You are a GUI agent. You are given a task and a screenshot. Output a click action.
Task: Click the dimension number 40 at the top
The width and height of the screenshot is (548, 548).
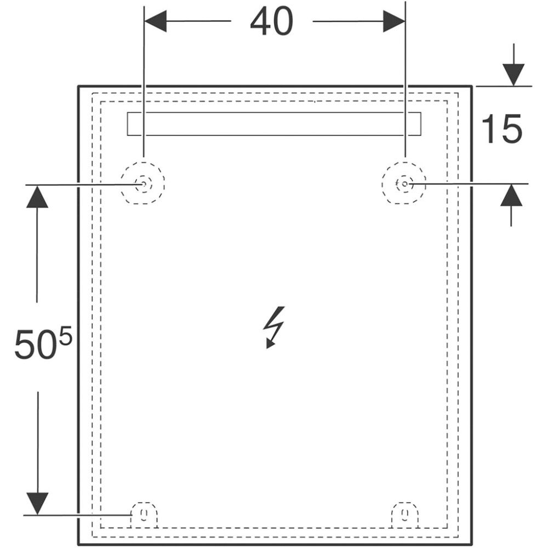pyautogui.click(x=272, y=22)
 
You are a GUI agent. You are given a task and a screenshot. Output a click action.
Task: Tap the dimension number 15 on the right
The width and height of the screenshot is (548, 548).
pyautogui.click(x=501, y=130)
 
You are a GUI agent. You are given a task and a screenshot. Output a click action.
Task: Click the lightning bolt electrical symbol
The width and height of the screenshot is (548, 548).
pyautogui.click(x=273, y=327)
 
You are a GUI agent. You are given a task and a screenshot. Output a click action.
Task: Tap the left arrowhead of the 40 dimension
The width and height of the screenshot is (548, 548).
pyautogui.click(x=155, y=21)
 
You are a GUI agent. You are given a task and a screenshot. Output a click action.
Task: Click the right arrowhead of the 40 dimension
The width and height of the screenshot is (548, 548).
pyautogui.click(x=394, y=21)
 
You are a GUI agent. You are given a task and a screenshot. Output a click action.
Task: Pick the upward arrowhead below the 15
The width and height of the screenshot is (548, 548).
pyautogui.click(x=511, y=196)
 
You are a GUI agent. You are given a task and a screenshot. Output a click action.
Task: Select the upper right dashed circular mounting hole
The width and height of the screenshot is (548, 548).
pyautogui.click(x=404, y=184)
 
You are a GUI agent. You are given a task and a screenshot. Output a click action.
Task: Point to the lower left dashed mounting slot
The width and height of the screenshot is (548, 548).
pyautogui.click(x=144, y=514)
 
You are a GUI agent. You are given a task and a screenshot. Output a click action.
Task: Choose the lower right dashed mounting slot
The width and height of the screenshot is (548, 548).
pyautogui.click(x=405, y=514)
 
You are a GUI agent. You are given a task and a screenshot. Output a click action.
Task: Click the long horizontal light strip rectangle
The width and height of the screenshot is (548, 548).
pyautogui.click(x=274, y=123)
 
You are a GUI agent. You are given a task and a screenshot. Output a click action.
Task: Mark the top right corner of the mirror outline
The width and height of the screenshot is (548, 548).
pyautogui.click(x=472, y=86)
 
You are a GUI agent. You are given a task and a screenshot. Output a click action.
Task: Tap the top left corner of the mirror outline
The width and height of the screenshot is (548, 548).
pyautogui.click(x=78, y=86)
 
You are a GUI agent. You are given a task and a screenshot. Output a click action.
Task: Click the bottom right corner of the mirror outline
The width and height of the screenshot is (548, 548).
pyautogui.click(x=472, y=545)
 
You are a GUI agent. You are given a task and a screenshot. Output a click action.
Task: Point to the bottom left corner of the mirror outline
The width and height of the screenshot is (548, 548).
pyautogui.click(x=78, y=545)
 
